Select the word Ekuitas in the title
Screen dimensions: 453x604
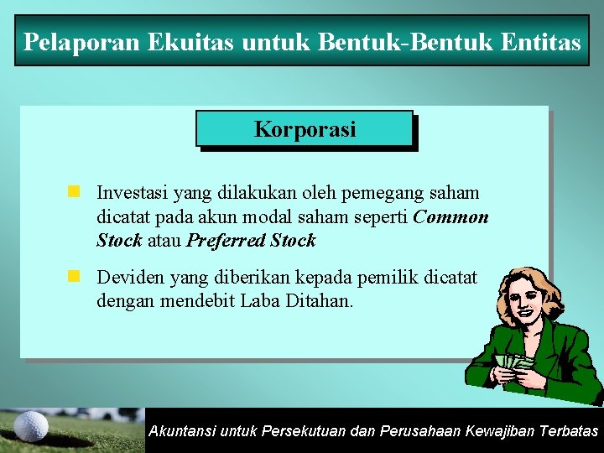click(177, 42)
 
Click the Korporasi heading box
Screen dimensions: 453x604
click(305, 129)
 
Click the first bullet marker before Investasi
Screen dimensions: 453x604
click(74, 193)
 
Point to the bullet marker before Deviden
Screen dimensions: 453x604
click(74, 276)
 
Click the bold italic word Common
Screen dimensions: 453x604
click(451, 216)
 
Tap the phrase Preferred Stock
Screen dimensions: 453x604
click(251, 241)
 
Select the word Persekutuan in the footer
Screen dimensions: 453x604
click(302, 431)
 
